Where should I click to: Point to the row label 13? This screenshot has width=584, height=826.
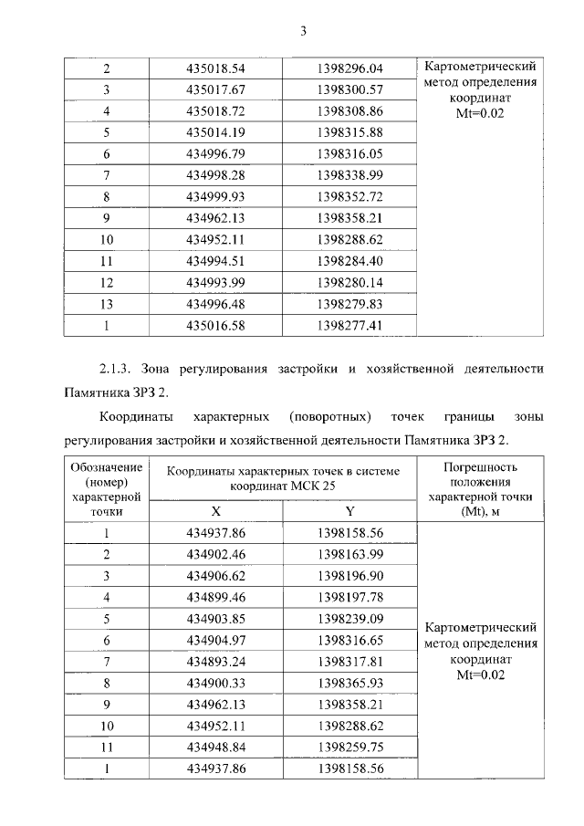click(107, 303)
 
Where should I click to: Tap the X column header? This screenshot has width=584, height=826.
click(215, 512)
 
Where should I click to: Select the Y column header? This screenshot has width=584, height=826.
click(349, 512)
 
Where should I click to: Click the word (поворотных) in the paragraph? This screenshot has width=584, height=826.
click(328, 417)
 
